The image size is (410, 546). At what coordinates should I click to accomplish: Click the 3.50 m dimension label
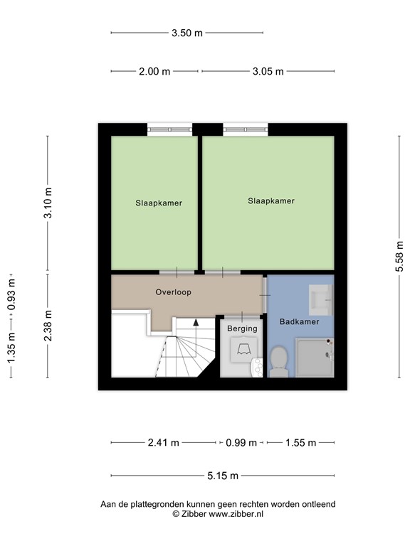(187, 33)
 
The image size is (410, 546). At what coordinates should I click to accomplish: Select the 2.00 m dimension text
(154, 71)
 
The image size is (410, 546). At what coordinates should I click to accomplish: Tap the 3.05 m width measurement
(268, 71)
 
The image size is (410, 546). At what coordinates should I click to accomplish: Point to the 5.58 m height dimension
(399, 256)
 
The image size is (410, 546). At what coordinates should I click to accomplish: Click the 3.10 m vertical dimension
(48, 203)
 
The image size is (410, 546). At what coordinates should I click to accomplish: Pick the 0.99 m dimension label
(241, 443)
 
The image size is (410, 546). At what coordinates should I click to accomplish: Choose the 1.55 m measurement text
(300, 443)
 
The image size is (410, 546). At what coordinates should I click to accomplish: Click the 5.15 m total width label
(223, 476)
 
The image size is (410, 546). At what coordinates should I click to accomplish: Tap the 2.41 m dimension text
(163, 443)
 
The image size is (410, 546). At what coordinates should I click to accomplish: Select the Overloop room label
(173, 292)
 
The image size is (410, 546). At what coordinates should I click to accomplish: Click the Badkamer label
(299, 322)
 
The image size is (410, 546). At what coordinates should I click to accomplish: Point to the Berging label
(242, 328)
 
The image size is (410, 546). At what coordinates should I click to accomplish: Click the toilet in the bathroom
(278, 361)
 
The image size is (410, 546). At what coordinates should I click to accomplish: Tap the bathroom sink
(322, 300)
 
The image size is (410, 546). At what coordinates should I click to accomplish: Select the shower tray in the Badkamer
(315, 358)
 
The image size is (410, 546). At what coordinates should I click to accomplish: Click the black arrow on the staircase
(196, 323)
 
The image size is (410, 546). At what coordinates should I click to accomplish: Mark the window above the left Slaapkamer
(170, 129)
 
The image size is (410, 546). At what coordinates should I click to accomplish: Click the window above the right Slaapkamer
(246, 129)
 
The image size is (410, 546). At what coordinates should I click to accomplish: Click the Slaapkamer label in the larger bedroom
(271, 201)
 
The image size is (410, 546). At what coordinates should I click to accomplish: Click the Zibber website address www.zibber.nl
(236, 514)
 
